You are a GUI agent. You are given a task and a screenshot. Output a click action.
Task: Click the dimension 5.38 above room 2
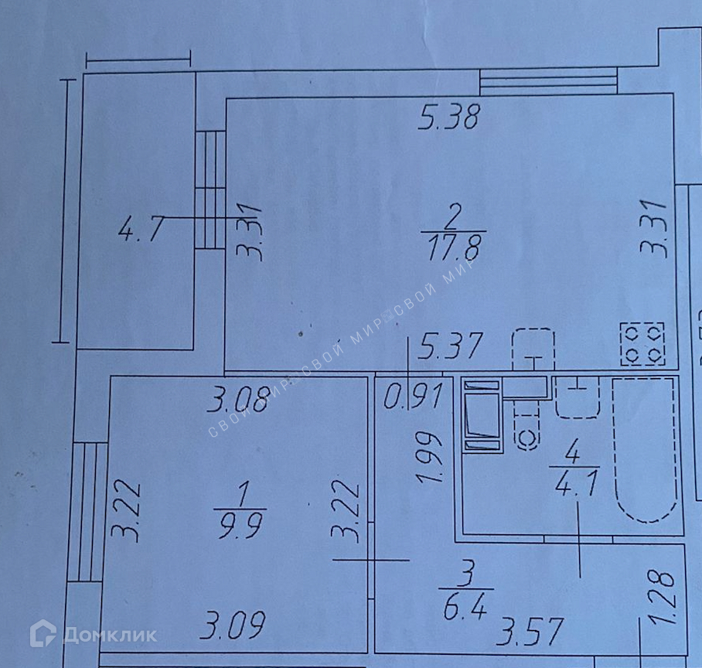click(x=450, y=118)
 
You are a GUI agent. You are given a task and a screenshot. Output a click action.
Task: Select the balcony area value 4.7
click(x=140, y=230)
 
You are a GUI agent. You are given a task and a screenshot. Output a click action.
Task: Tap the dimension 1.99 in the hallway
click(x=428, y=458)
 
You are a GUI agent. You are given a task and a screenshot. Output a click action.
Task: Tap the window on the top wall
click(x=548, y=81)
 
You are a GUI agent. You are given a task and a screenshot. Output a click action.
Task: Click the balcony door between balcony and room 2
click(x=210, y=189)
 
